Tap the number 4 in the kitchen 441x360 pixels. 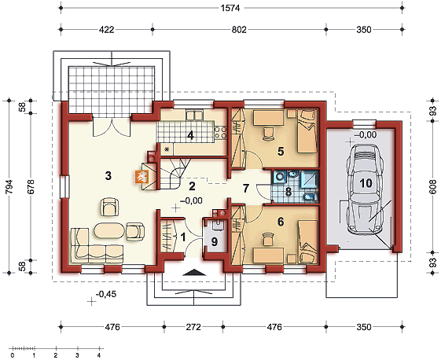(189, 134)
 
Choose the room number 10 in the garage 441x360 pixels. (365, 182)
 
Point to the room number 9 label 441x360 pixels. (213, 241)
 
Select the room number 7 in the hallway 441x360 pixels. (246, 188)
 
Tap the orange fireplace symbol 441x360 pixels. (141, 178)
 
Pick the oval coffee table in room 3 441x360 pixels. (108, 230)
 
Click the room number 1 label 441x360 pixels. (184, 235)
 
